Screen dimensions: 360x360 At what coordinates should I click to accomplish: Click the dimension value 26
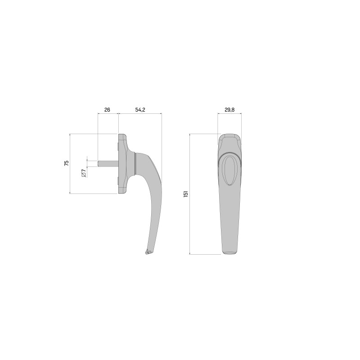[x=107, y=110]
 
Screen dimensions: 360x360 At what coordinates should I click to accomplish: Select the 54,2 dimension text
[x=140, y=110]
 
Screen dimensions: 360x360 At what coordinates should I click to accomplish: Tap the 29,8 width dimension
[x=229, y=110]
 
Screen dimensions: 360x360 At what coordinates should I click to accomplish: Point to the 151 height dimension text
[x=186, y=194]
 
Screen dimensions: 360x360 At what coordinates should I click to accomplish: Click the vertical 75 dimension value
[x=66, y=163]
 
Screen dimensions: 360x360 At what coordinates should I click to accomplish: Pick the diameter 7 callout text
[x=83, y=173]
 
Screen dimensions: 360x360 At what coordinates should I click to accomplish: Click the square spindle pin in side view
[x=108, y=163]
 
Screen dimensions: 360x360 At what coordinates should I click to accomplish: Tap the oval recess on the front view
[x=229, y=171]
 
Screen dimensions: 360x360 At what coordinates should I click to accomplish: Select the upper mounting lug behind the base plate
[x=117, y=147]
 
